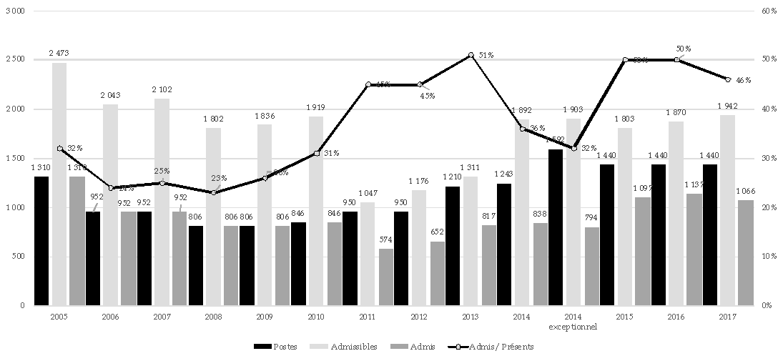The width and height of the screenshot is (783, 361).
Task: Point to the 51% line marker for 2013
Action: (471, 55)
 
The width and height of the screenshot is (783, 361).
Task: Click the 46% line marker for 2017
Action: (728, 79)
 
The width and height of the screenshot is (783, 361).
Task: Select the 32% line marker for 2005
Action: (60, 149)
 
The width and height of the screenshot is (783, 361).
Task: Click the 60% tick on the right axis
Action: (770, 11)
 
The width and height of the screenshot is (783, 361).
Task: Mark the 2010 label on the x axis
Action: (316, 316)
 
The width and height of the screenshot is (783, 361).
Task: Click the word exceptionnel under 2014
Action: (573, 327)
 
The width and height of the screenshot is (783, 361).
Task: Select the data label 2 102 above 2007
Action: (163, 89)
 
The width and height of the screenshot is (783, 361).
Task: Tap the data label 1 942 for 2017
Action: (728, 106)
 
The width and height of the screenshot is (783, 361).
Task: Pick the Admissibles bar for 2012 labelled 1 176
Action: (419, 247)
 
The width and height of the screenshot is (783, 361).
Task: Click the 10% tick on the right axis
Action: (770, 257)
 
